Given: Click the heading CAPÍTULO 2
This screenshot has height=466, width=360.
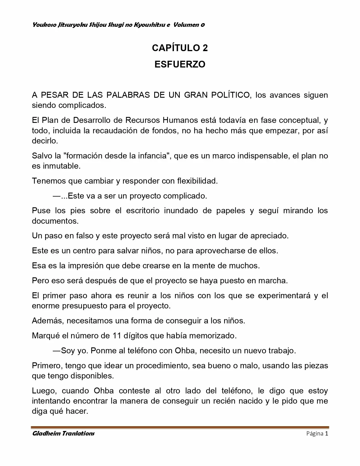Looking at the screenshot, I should (180, 48).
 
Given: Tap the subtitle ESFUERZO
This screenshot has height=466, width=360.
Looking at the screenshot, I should (180, 64).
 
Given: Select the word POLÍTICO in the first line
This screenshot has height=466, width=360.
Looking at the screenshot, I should (230, 95).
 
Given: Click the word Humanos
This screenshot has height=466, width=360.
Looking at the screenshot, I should (180, 120).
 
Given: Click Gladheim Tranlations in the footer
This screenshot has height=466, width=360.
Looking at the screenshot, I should (63, 434).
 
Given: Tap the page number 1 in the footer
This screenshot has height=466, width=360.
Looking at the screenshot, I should (326, 434).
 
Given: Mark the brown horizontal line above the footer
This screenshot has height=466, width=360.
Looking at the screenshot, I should (180, 427).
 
